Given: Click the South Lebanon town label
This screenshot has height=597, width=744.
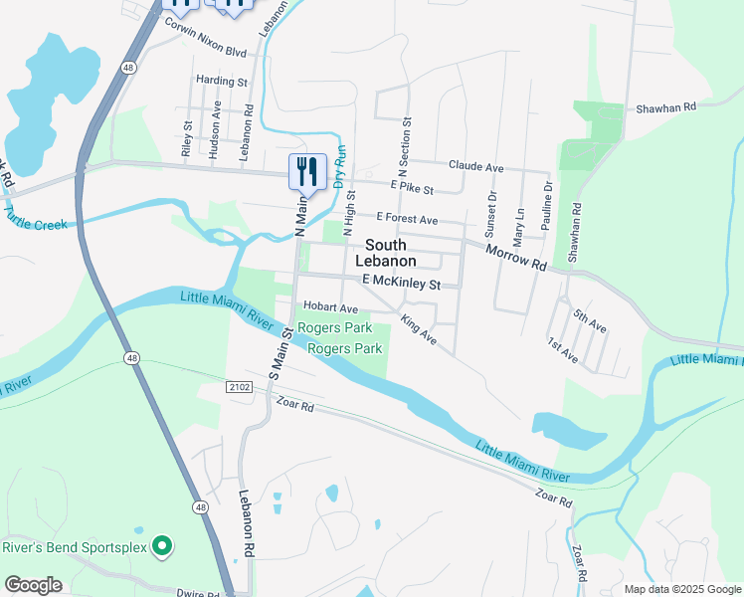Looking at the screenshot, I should coord(391,253).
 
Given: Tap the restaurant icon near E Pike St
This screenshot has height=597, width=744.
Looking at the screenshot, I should coord(307,173).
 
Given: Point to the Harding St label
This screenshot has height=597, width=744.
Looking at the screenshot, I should coord(221,81).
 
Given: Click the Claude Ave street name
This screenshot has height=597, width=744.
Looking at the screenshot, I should coord(476,166).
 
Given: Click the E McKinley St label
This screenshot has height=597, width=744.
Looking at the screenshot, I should coord(401,284).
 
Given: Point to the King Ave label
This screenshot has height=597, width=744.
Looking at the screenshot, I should coord(419,330).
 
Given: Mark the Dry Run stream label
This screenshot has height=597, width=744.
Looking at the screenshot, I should coord(339,166).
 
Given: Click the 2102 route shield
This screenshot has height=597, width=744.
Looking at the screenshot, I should coord(239,386).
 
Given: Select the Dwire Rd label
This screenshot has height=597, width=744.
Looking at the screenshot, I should coord(196,594).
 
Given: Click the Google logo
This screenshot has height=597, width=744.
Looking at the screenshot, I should coord(33,585).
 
